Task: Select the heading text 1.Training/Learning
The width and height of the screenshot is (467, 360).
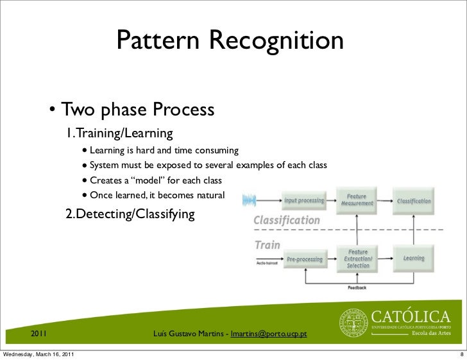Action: [x=120, y=133]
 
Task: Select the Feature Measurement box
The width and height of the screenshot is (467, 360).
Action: [x=358, y=200]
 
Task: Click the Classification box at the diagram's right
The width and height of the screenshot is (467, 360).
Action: [x=414, y=200]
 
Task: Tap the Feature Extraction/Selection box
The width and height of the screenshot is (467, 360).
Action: [x=358, y=258]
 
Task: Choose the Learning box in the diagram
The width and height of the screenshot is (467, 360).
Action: [x=414, y=258]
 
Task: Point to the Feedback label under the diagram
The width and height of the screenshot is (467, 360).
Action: [x=357, y=287]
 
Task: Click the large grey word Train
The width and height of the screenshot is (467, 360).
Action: [x=268, y=244]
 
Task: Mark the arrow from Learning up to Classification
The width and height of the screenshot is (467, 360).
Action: [x=414, y=228]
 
